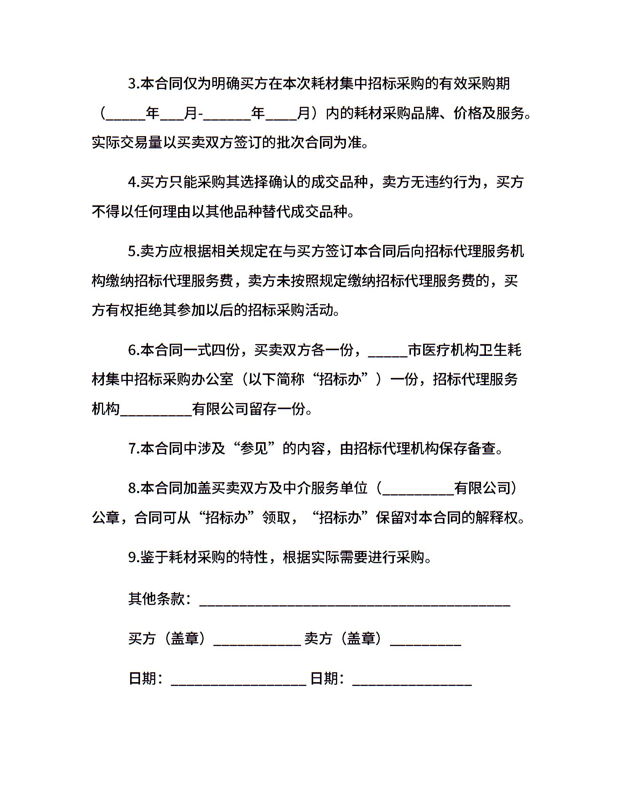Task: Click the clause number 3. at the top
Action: click(x=134, y=84)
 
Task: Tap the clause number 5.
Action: click(x=134, y=251)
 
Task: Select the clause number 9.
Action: click(x=134, y=557)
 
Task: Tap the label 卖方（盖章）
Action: click(x=342, y=638)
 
